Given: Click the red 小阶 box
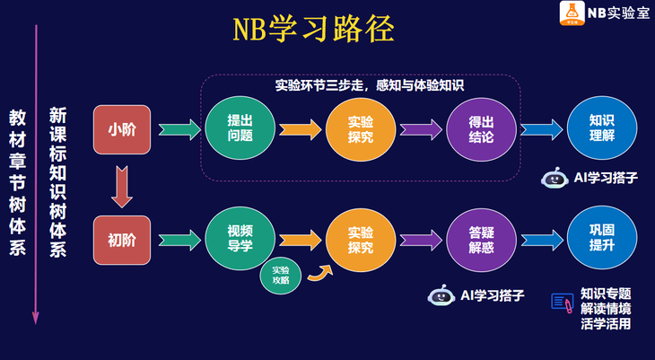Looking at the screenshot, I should click(122, 129).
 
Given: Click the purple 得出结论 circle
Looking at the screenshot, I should click(481, 129).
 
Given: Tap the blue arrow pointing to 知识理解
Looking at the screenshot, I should click(541, 129).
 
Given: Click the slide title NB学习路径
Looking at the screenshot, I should click(313, 31).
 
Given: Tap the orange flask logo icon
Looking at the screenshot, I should click(571, 13).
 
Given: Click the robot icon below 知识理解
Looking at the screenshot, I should click(553, 178).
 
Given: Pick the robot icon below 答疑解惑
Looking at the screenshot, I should click(440, 295).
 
